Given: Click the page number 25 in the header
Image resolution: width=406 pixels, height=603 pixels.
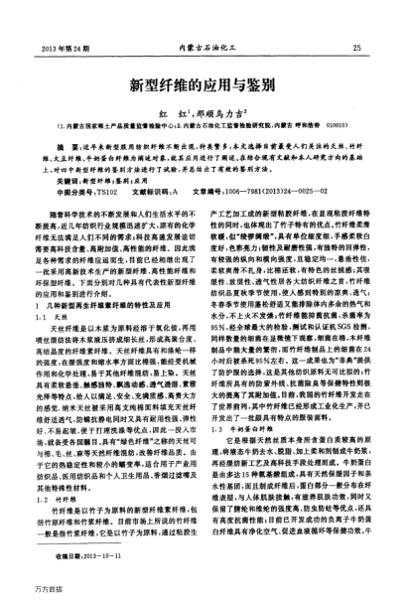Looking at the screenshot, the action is point(368,47).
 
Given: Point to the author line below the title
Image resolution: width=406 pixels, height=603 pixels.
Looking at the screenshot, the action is point(202,115).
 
